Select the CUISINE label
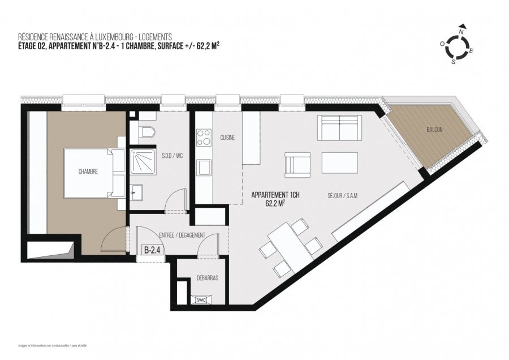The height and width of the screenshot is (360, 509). click(x=228, y=138)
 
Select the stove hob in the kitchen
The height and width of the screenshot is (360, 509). click(x=202, y=138)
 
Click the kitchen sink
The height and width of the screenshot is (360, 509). click(x=202, y=168)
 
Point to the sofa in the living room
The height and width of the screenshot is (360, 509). click(x=339, y=128)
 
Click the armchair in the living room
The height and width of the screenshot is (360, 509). click(x=297, y=164)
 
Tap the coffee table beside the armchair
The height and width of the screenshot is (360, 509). click(x=340, y=163)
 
